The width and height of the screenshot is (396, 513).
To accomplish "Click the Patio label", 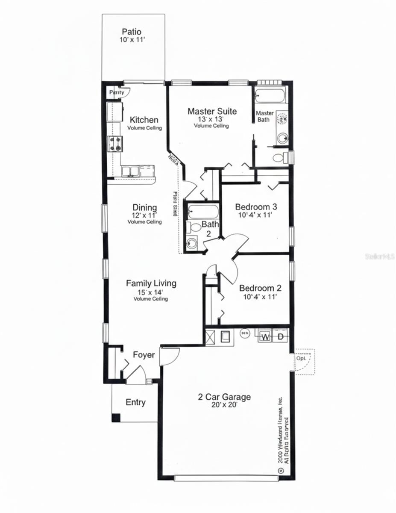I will (132, 32).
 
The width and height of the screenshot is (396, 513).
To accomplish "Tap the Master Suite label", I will (212, 112).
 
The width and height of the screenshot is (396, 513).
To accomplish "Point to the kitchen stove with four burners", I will (115, 144).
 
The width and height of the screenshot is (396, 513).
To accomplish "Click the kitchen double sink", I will (129, 171).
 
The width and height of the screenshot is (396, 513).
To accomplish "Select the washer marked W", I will (265, 337).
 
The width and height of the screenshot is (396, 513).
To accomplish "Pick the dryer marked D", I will (281, 337).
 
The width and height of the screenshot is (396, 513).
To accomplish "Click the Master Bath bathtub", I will (269, 95).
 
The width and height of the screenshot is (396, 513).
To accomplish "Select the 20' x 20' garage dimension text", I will (224, 405).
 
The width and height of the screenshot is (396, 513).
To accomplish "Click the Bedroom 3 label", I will (256, 207).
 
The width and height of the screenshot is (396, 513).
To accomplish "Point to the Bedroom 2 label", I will (260, 288).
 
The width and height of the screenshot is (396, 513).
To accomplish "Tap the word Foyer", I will (144, 355).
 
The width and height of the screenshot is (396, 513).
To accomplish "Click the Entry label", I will (135, 402).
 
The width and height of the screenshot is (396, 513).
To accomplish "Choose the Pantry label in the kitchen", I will (117, 92).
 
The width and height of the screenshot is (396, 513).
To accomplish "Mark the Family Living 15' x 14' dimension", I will (151, 292).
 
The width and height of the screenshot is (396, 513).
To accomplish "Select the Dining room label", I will (144, 208).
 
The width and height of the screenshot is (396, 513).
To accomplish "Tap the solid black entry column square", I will (116, 418).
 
